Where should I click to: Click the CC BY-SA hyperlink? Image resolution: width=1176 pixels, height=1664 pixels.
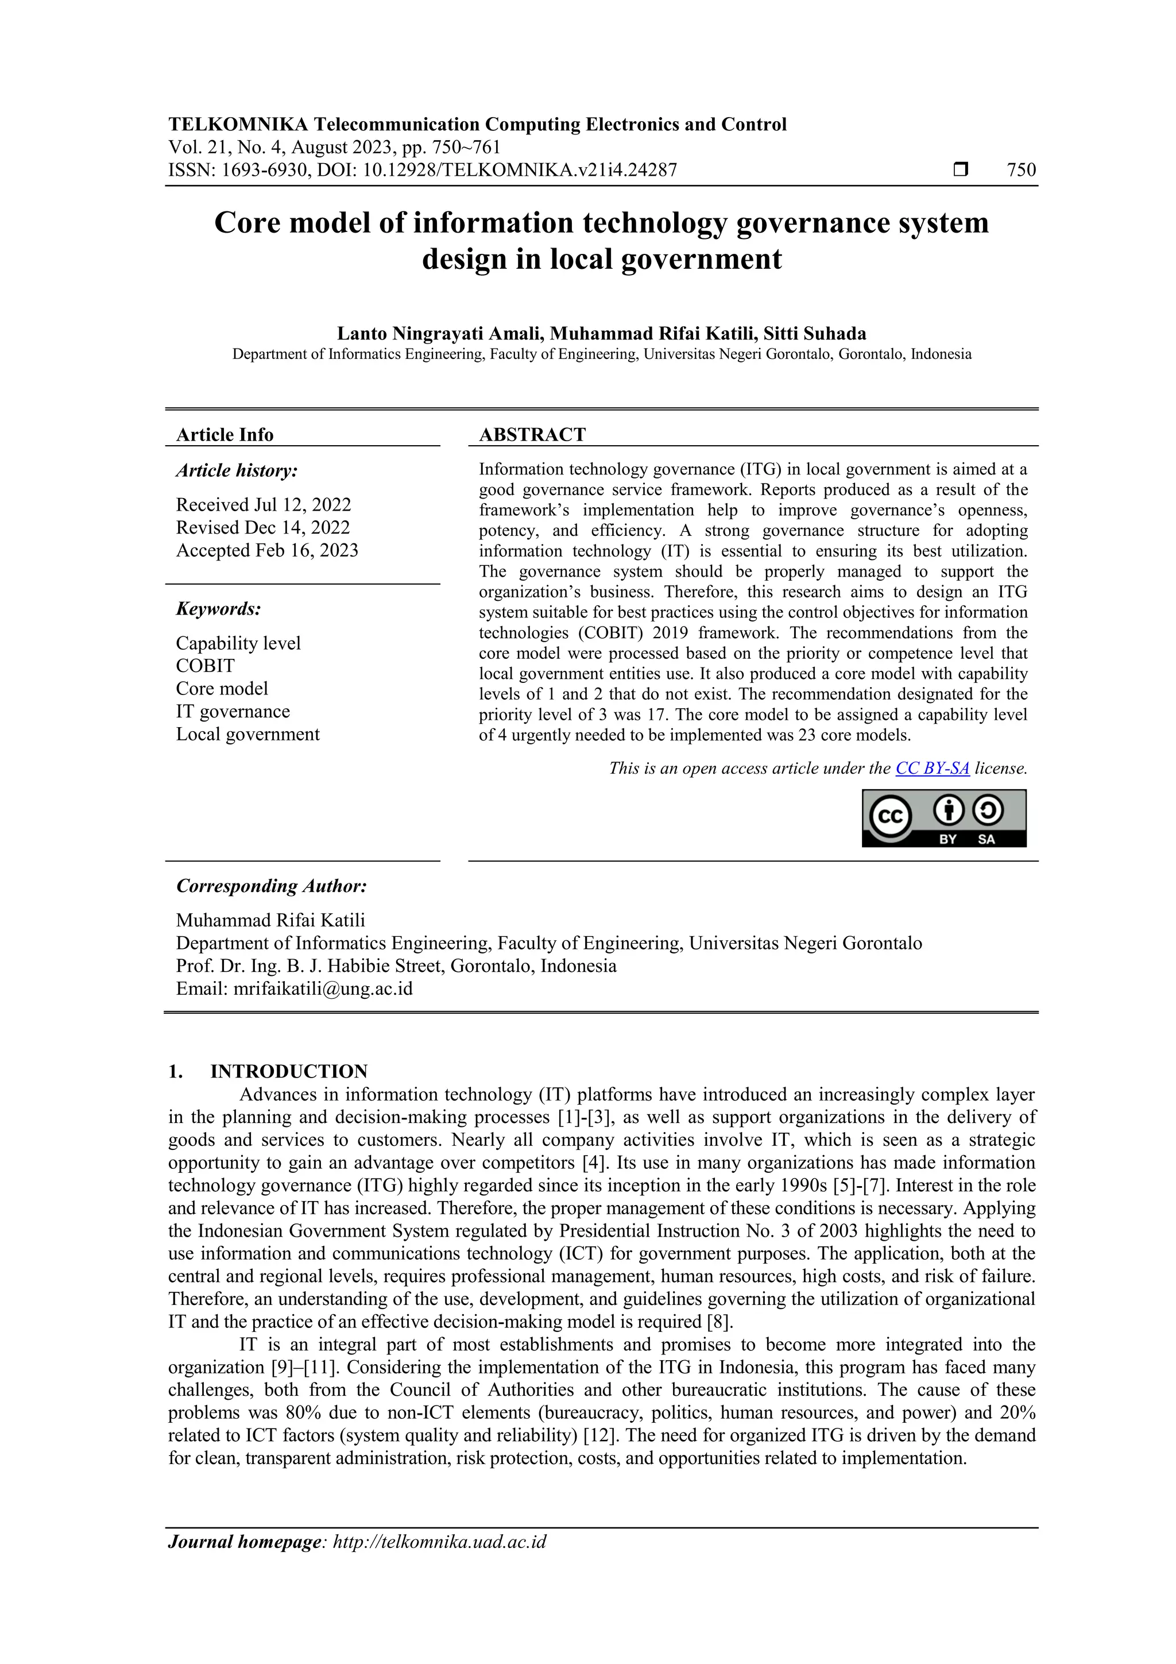932,768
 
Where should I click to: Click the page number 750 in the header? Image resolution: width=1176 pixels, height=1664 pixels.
1021,171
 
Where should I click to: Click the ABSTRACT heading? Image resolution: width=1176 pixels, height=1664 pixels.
532,435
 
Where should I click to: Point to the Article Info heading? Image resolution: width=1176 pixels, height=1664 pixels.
225,435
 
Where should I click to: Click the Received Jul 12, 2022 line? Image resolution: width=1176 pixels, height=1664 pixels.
263,504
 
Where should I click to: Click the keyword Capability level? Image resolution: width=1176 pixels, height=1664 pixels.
238,643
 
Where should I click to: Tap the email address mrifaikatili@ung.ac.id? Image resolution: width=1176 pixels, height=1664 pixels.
323,989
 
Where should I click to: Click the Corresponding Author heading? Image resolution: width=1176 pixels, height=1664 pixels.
271,886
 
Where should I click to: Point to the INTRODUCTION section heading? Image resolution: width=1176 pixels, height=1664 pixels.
288,1071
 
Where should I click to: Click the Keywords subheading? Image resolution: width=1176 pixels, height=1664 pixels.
218,608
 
